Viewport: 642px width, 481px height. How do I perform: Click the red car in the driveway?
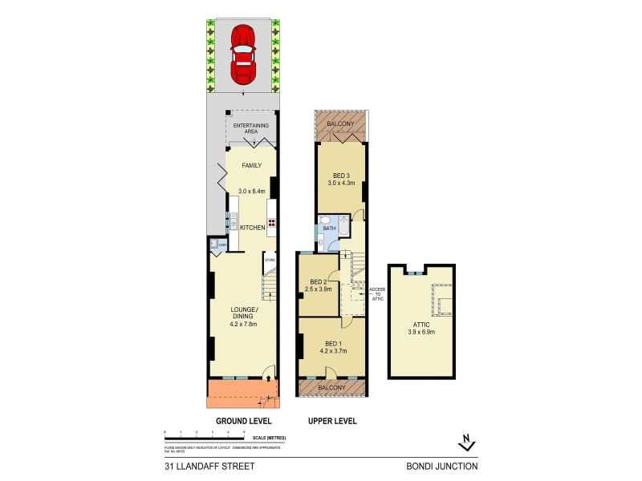pos(243,53)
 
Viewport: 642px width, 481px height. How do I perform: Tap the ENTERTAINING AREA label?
pos(252,130)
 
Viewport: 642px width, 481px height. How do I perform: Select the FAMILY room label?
pos(252,166)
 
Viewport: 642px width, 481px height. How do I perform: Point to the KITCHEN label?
pos(252,228)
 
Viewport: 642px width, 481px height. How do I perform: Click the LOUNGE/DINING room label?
pos(244,313)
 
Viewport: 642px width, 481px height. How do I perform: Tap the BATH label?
pos(329,228)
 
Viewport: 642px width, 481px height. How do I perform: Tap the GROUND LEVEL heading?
pos(244,421)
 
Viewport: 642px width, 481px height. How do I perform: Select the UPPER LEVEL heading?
pos(333,421)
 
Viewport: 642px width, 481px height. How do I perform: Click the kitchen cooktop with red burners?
pos(271,224)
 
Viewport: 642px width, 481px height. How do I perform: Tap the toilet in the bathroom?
pos(324,218)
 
